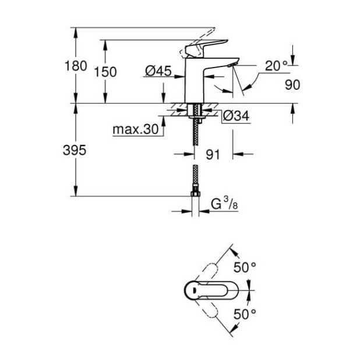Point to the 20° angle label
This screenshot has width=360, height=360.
(277, 66)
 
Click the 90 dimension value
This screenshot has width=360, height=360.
(292, 85)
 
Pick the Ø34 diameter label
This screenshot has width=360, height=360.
(237, 117)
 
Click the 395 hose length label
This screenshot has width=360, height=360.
(75, 150)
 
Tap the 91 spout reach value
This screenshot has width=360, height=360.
(214, 154)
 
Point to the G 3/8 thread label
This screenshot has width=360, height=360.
(224, 204)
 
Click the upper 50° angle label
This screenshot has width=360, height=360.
(245, 267)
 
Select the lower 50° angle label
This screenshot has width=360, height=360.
(245, 313)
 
